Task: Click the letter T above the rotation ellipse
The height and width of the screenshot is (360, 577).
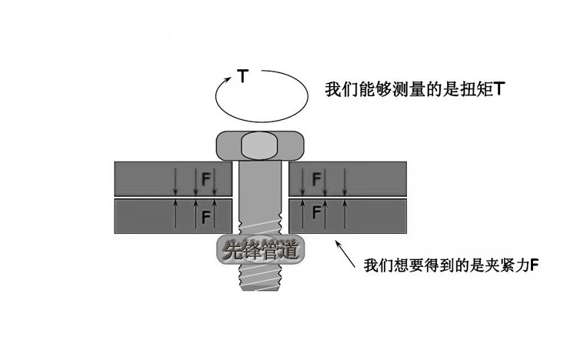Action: point(242,76)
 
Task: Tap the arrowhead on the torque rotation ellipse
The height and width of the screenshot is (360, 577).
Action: point(228,78)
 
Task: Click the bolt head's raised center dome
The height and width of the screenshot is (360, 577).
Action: point(259,145)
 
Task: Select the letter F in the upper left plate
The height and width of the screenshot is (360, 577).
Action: point(205,179)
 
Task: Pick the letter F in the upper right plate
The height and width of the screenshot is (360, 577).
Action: point(316,179)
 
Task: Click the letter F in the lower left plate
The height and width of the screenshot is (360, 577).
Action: point(205,217)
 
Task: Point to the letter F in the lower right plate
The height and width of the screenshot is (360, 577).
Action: point(316,213)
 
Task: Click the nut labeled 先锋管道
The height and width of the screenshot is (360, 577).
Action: point(261,251)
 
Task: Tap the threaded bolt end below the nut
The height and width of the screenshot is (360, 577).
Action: point(260,277)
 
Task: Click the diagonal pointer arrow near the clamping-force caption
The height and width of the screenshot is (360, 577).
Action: point(345,254)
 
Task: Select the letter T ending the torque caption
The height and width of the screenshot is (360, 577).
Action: point(499,89)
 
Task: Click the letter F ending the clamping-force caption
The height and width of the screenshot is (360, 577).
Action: point(535,265)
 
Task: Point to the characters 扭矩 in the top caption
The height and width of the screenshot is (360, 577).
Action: point(476,89)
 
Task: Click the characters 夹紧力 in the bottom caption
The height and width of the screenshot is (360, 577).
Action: point(505,265)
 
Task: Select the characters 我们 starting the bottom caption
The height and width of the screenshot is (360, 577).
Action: point(380,265)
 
